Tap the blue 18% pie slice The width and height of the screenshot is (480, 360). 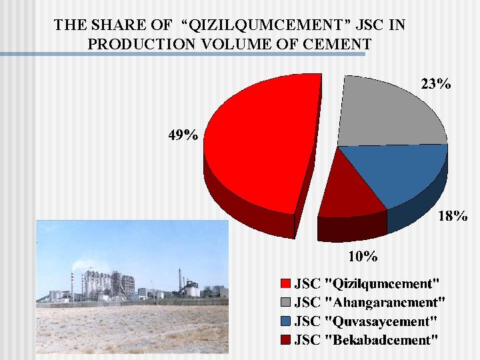point(400,173)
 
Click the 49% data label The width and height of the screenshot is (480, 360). point(183,135)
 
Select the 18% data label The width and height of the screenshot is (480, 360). point(453,216)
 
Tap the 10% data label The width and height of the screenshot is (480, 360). point(364,256)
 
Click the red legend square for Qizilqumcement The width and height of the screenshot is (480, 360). point(285,283)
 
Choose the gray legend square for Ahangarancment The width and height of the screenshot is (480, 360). point(285,303)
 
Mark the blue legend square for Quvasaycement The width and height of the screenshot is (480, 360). point(285,321)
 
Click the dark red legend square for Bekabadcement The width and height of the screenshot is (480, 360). point(285,340)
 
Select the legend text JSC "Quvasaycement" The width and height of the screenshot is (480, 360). point(366,321)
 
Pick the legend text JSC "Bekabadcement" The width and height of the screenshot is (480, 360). point(366,340)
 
